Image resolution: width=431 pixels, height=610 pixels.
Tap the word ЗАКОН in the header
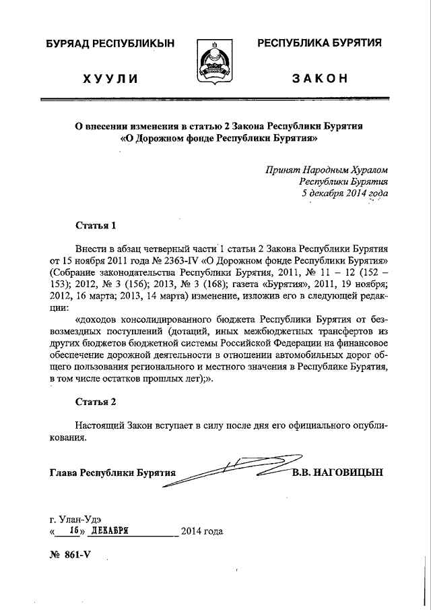[320, 78]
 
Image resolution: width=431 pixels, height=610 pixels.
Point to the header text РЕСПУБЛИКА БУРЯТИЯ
[320, 43]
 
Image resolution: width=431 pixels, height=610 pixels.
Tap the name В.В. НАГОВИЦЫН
[337, 472]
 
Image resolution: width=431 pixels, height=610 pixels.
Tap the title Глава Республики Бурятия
[112, 472]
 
